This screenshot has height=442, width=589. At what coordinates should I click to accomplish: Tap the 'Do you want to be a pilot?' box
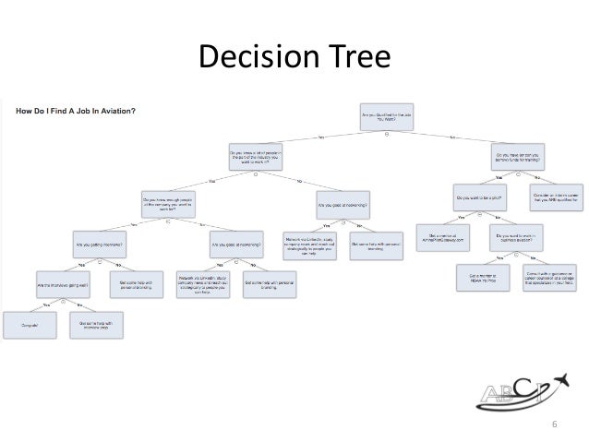pyautogui.click(x=478, y=197)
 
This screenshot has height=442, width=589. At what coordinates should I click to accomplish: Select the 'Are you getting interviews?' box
pyautogui.click(x=100, y=245)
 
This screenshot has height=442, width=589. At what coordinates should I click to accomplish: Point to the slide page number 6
pyautogui.click(x=555, y=424)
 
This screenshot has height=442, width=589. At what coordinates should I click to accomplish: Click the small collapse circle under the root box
pyautogui.click(x=386, y=134)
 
